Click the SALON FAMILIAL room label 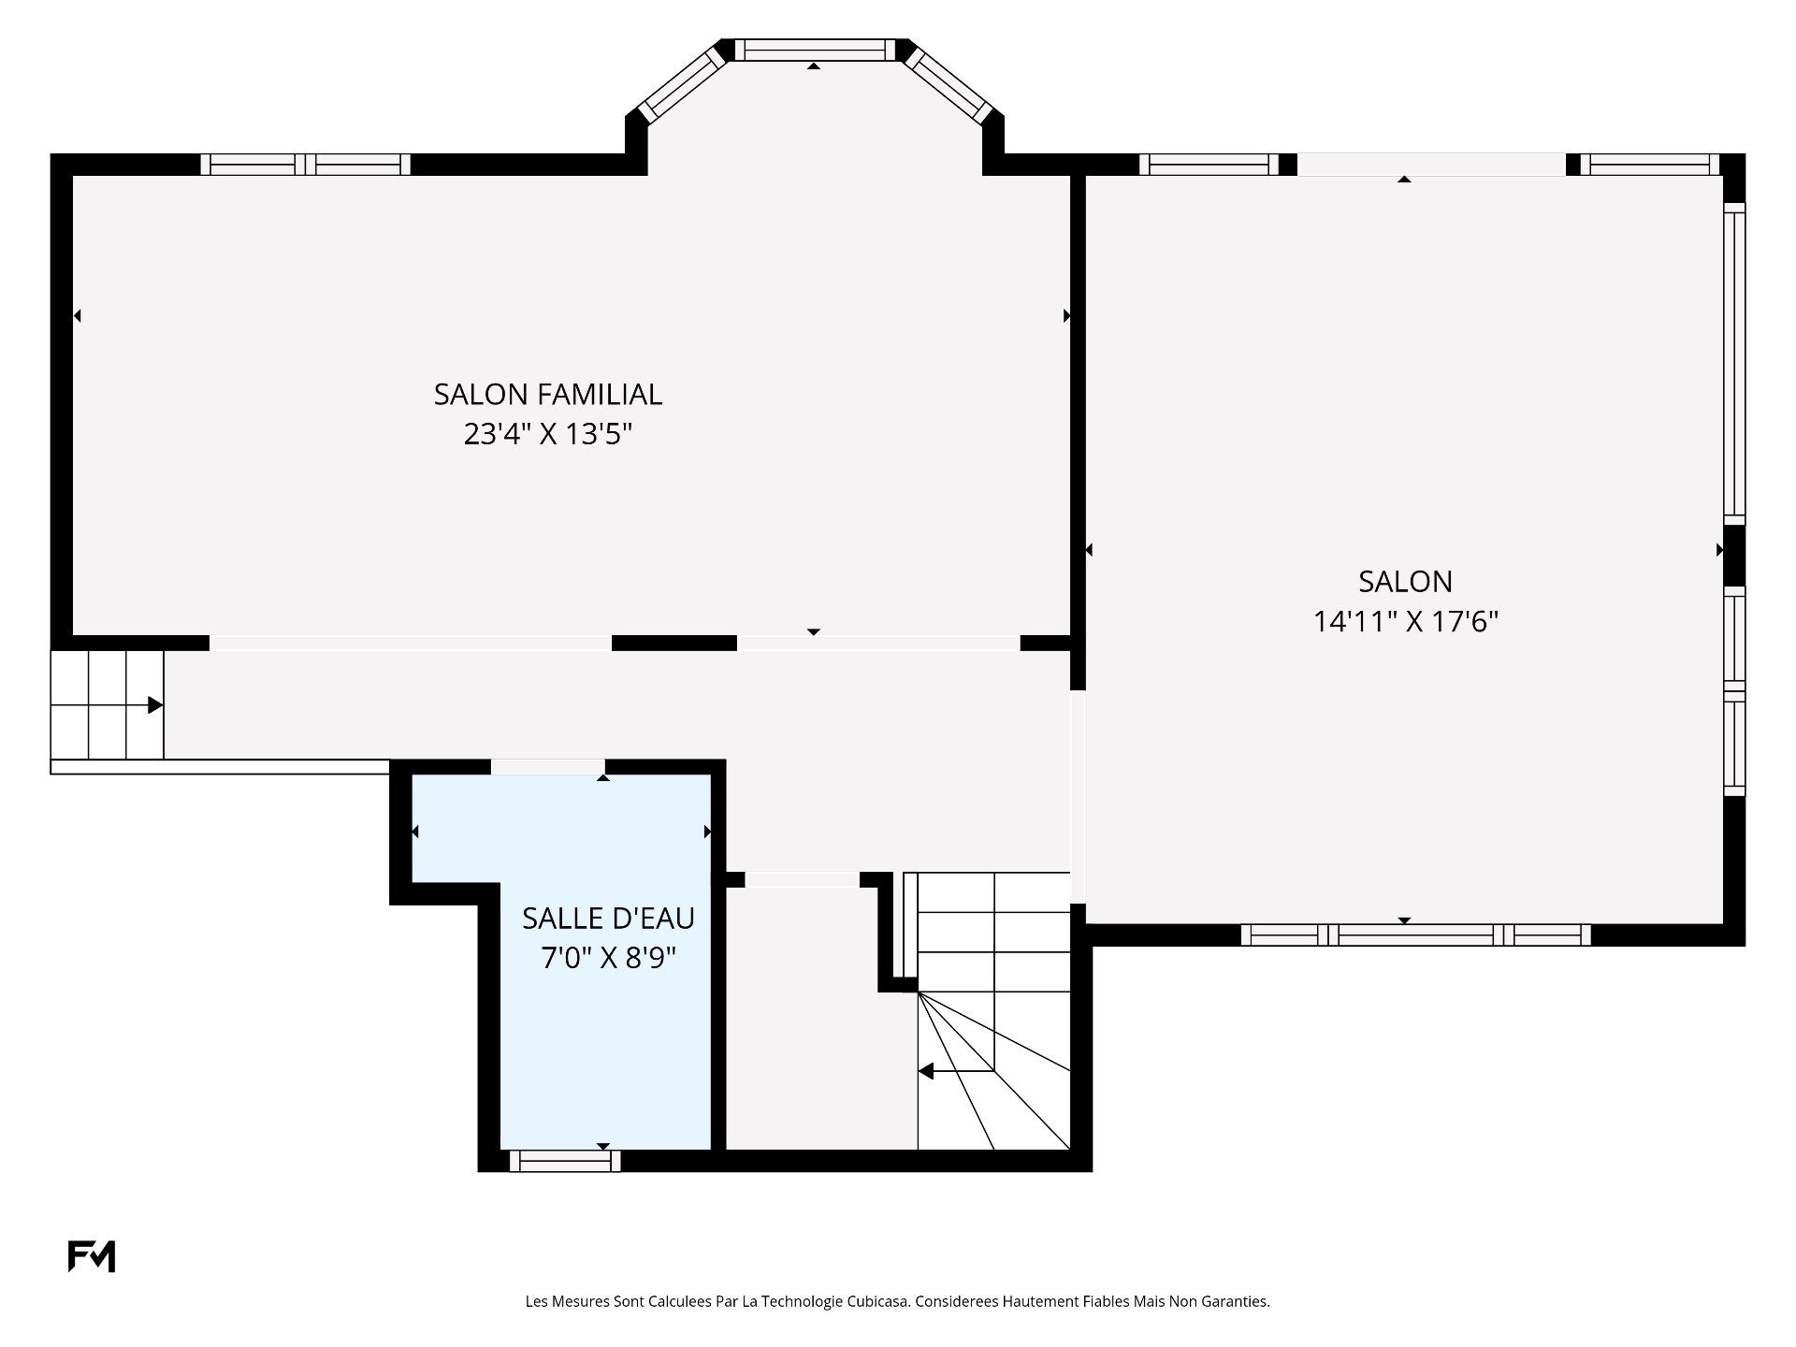(548, 394)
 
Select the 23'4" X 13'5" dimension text (548, 434)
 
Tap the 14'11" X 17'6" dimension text (1406, 621)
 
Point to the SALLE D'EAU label (608, 918)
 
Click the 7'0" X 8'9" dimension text (608, 958)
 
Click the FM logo (92, 1256)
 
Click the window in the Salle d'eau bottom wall (565, 1161)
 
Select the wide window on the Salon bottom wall (1416, 934)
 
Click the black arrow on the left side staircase (155, 704)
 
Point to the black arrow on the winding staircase (926, 1071)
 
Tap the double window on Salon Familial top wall (306, 165)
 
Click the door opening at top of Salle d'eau (547, 767)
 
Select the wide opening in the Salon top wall (1431, 165)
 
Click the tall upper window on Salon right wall (1734, 364)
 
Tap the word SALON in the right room (1406, 581)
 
